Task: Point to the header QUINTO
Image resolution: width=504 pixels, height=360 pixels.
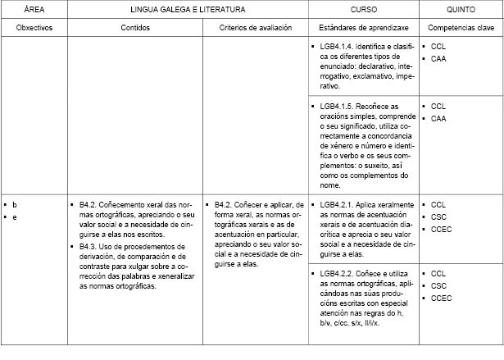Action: click(x=460, y=9)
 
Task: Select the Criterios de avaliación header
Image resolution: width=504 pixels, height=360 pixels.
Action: click(x=256, y=28)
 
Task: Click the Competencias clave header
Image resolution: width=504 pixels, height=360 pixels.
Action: click(x=460, y=28)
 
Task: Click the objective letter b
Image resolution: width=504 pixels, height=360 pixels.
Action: click(x=15, y=203)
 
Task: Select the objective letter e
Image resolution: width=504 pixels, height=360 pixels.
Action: click(x=15, y=216)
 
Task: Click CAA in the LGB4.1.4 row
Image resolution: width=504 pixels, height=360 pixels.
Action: click(x=438, y=59)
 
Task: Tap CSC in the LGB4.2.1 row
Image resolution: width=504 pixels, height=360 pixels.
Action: click(x=438, y=216)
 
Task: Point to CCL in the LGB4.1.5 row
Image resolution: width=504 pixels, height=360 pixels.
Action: click(x=438, y=107)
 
